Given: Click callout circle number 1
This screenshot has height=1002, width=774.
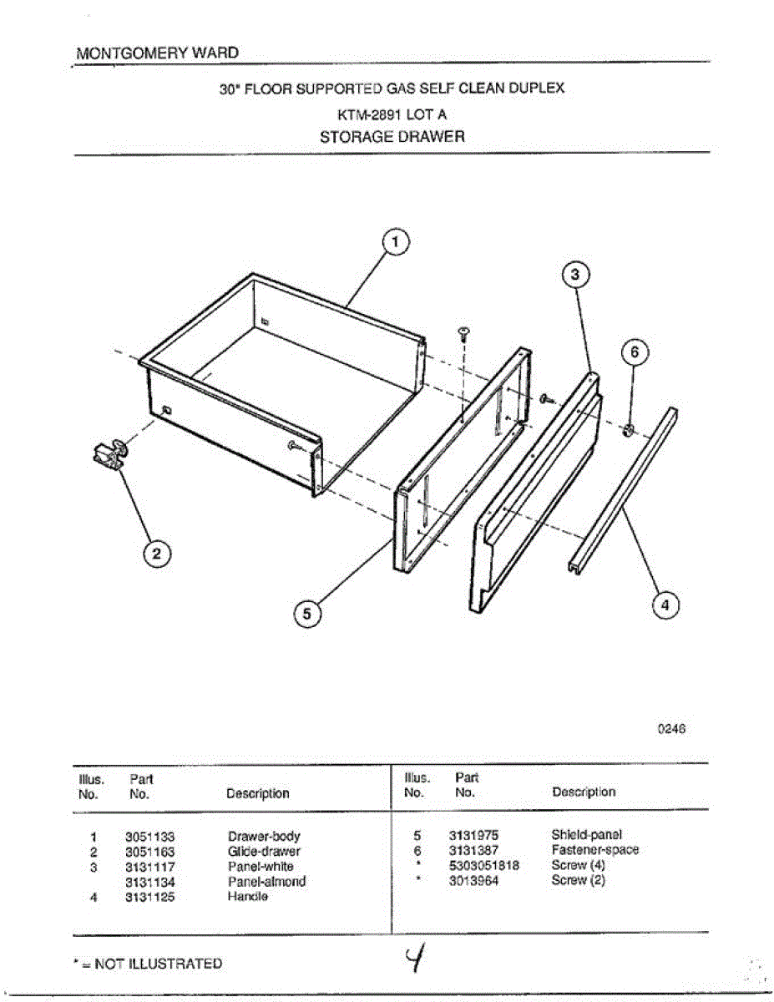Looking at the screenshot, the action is tap(395, 242).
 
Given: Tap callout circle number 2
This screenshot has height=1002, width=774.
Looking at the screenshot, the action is tap(158, 554).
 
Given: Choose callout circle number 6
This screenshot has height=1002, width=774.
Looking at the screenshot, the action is tap(634, 353).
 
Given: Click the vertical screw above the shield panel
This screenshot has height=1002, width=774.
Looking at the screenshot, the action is tap(463, 337).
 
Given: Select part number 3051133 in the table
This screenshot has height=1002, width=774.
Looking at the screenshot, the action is tap(149, 837).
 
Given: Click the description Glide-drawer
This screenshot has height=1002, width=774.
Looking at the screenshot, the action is tap(263, 852).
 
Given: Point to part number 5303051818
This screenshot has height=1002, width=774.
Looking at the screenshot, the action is tap(483, 865).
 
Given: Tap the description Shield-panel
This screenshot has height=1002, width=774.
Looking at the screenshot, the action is tap(586, 835).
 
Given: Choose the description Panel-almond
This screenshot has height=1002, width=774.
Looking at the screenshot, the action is tap(266, 882).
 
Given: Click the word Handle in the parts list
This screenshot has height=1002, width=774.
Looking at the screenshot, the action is tap(247, 897).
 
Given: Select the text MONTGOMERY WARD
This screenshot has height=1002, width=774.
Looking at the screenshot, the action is tap(157, 53).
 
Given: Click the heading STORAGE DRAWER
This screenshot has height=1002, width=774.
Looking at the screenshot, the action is tap(392, 136).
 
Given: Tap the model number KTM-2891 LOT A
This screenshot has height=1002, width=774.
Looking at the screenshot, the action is tap(392, 115).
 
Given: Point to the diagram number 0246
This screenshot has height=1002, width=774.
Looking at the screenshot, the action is tap(671, 728).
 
